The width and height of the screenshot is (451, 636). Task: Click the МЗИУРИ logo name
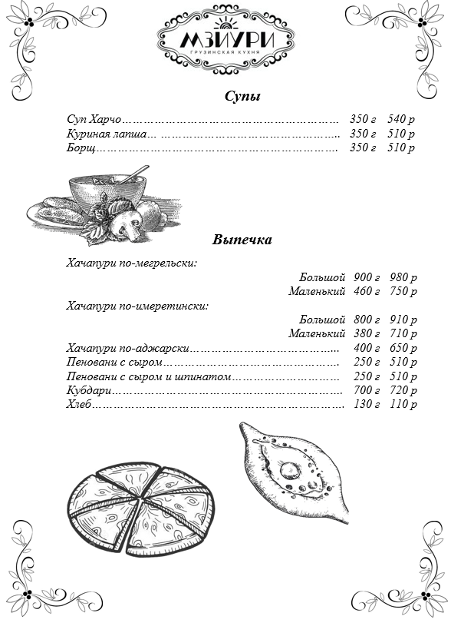pos(227,40)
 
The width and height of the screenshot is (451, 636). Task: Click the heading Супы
pos(242,97)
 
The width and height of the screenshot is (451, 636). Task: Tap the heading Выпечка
pos(242,240)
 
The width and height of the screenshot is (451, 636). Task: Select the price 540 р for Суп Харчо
pos(401,119)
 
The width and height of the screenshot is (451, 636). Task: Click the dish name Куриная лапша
pos(107,134)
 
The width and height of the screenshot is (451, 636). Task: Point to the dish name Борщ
pos(81,147)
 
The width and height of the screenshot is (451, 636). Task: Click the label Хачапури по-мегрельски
pos(132,263)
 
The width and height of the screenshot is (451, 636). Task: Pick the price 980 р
pos(403,277)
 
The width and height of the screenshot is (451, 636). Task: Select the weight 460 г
pos(367,291)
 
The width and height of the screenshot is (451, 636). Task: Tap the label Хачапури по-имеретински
pos(137,306)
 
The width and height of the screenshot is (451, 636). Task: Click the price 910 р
pos(403,320)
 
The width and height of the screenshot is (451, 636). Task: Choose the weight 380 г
pos(367,333)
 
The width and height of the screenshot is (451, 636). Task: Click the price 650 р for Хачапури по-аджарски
pos(403,348)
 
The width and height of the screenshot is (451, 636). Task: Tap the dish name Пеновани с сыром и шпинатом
pos(149,377)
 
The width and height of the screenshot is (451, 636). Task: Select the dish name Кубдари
pos(89,390)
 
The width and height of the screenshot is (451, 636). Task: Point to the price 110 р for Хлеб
pos(403,404)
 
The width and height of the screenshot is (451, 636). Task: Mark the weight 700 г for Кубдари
pos(367,390)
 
